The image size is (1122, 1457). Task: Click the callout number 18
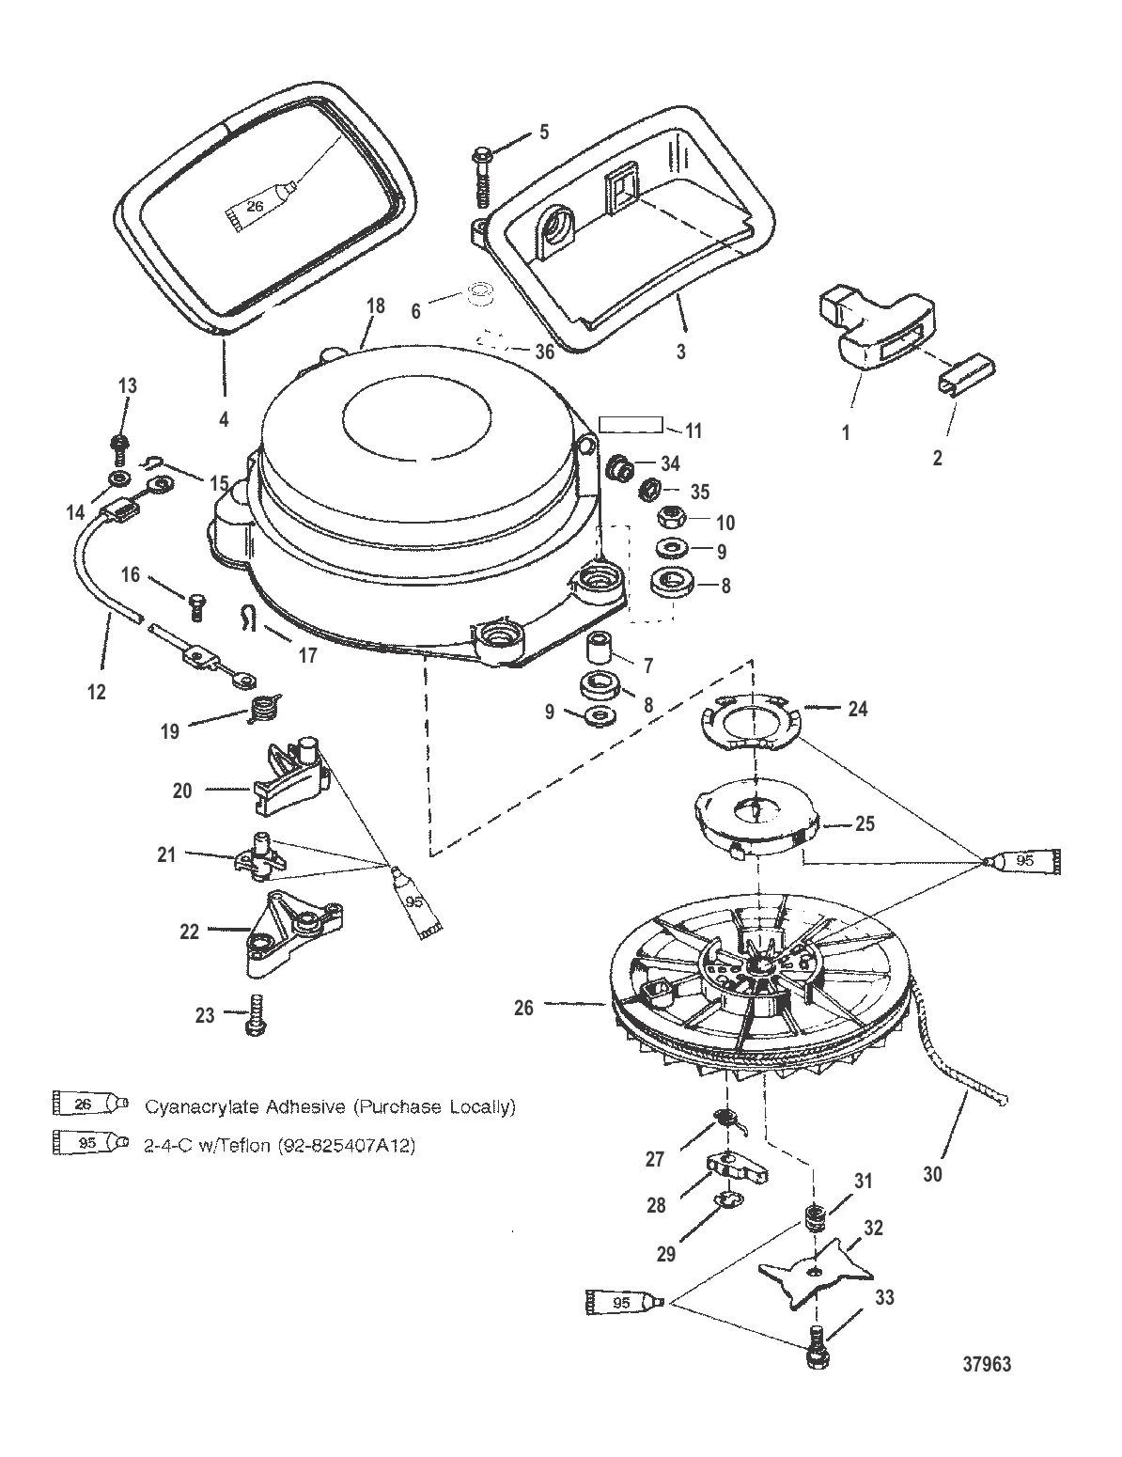tap(376, 305)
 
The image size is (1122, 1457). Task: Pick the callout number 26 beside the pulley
tap(523, 1007)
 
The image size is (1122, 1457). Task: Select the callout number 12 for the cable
tap(97, 693)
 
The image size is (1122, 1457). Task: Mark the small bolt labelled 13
tap(120, 446)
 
